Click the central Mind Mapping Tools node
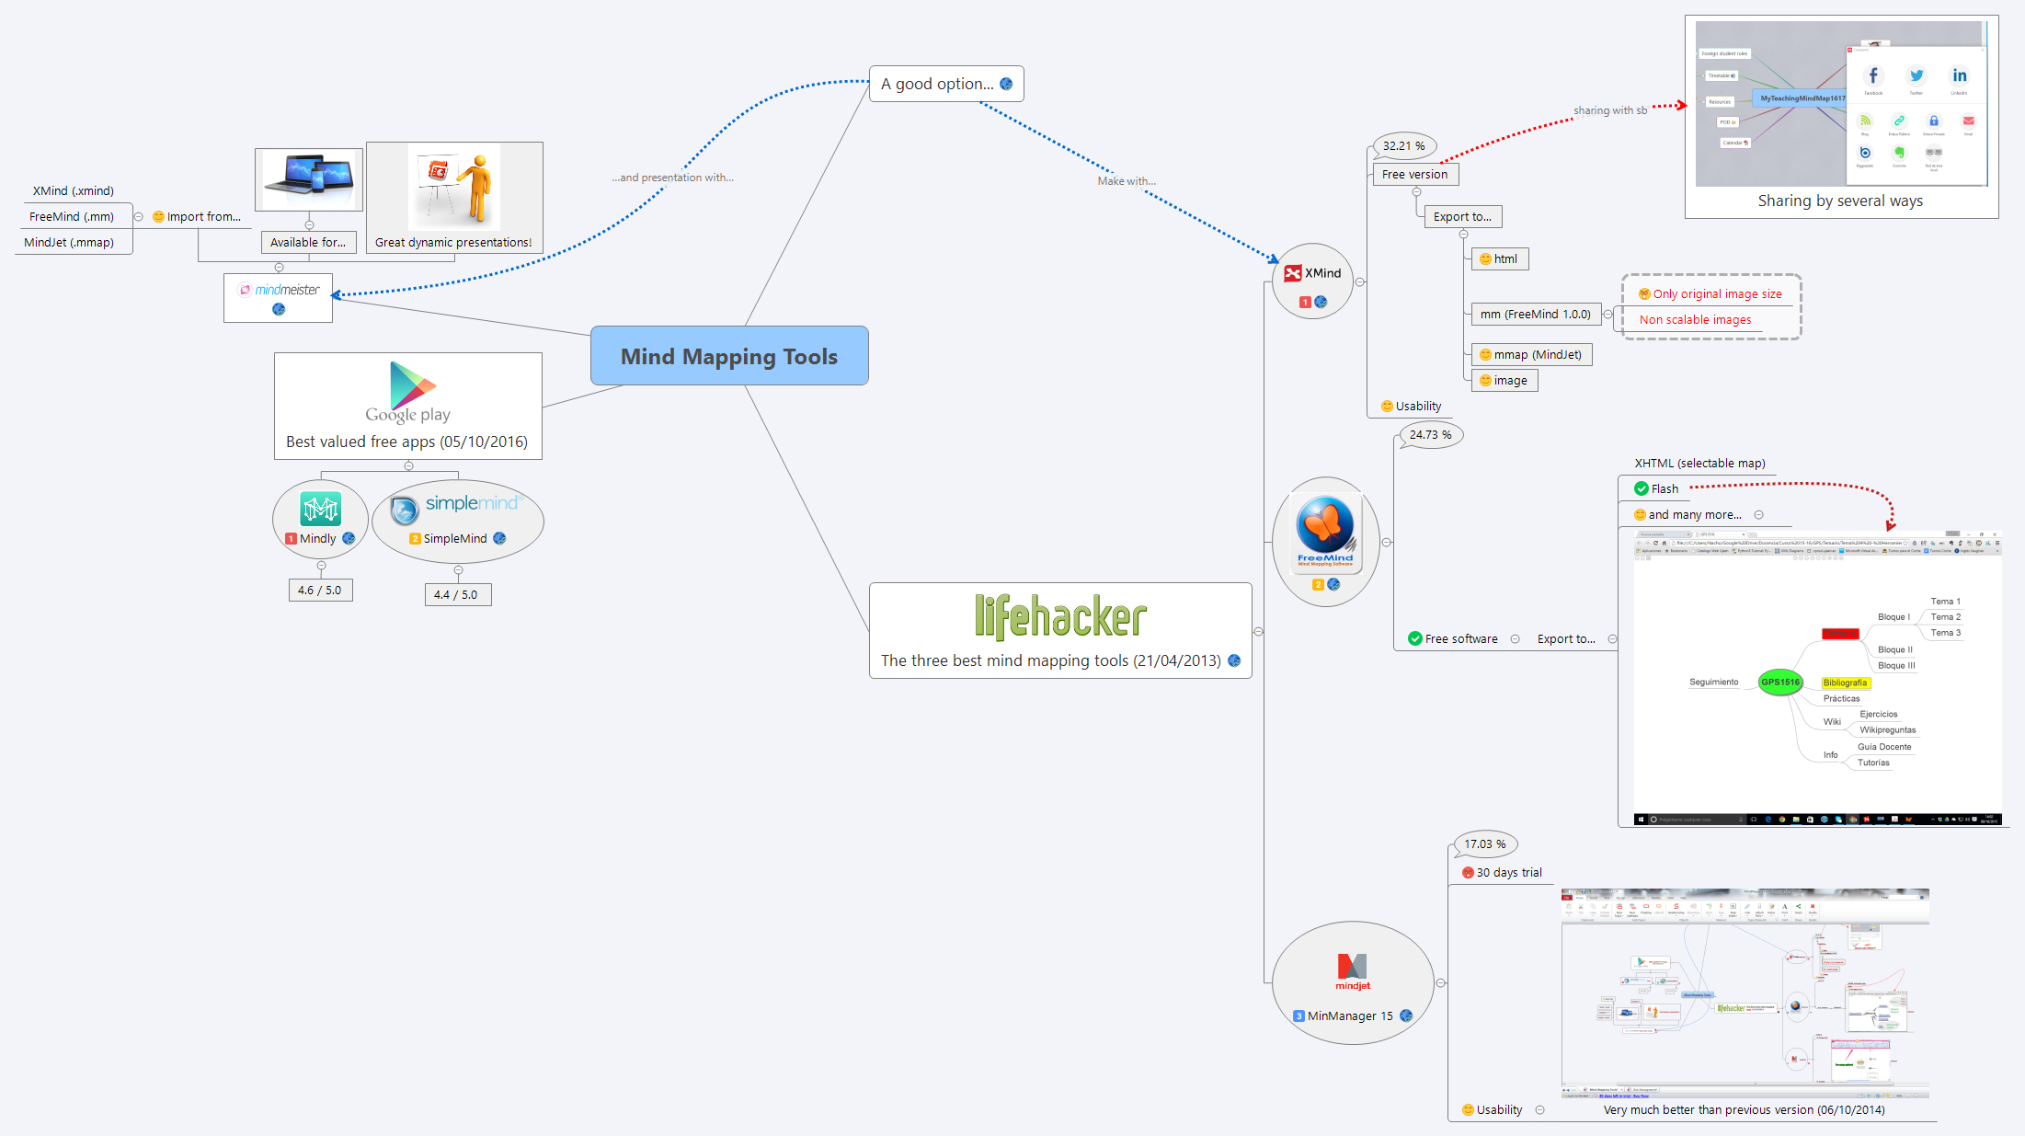tap(728, 356)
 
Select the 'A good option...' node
tap(937, 84)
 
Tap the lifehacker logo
tap(1059, 617)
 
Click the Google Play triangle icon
tap(410, 385)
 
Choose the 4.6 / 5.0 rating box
tap(319, 591)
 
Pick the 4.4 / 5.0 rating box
tap(456, 595)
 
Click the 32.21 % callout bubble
tap(1403, 145)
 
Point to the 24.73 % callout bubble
tap(1430, 435)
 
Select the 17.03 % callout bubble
tap(1484, 843)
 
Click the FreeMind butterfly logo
tap(1324, 525)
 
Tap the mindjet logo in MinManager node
tap(1352, 970)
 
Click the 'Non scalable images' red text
tap(1695, 320)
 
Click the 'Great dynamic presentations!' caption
tap(453, 243)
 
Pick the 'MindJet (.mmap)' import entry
tap(69, 243)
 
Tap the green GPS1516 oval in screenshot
tap(1779, 682)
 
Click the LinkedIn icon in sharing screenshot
tap(1959, 76)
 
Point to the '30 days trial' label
tap(1508, 872)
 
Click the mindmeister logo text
tap(287, 290)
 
